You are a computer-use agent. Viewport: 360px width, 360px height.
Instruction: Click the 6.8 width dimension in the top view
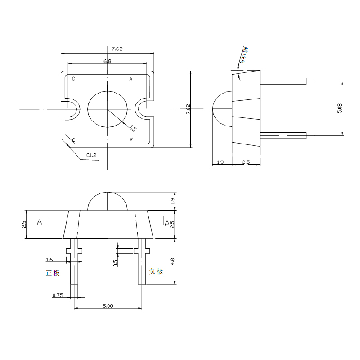108,61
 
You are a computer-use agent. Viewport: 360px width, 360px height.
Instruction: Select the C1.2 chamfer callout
91,156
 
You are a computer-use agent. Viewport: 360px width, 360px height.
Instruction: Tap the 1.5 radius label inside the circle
133,128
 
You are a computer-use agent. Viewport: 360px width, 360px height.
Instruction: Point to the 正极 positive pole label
53,273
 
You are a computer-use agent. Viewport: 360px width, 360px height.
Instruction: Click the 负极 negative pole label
156,271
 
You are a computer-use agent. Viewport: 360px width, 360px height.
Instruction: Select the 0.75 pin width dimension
58,295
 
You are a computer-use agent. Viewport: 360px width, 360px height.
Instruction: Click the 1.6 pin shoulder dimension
49,260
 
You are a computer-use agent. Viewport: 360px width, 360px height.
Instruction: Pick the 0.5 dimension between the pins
115,262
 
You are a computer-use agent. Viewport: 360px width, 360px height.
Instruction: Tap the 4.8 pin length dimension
173,261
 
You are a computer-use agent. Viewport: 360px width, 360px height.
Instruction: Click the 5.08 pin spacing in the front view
108,306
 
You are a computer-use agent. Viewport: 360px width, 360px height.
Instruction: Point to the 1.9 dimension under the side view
220,162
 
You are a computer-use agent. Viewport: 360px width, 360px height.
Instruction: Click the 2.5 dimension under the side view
246,162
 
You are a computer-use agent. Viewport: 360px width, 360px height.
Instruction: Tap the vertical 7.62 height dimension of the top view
188,108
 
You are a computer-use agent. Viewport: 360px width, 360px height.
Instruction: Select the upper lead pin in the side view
283,81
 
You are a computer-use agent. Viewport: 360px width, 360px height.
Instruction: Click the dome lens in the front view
108,201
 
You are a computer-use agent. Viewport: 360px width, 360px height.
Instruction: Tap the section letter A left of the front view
40,222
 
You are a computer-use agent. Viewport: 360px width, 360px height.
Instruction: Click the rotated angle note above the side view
246,55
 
